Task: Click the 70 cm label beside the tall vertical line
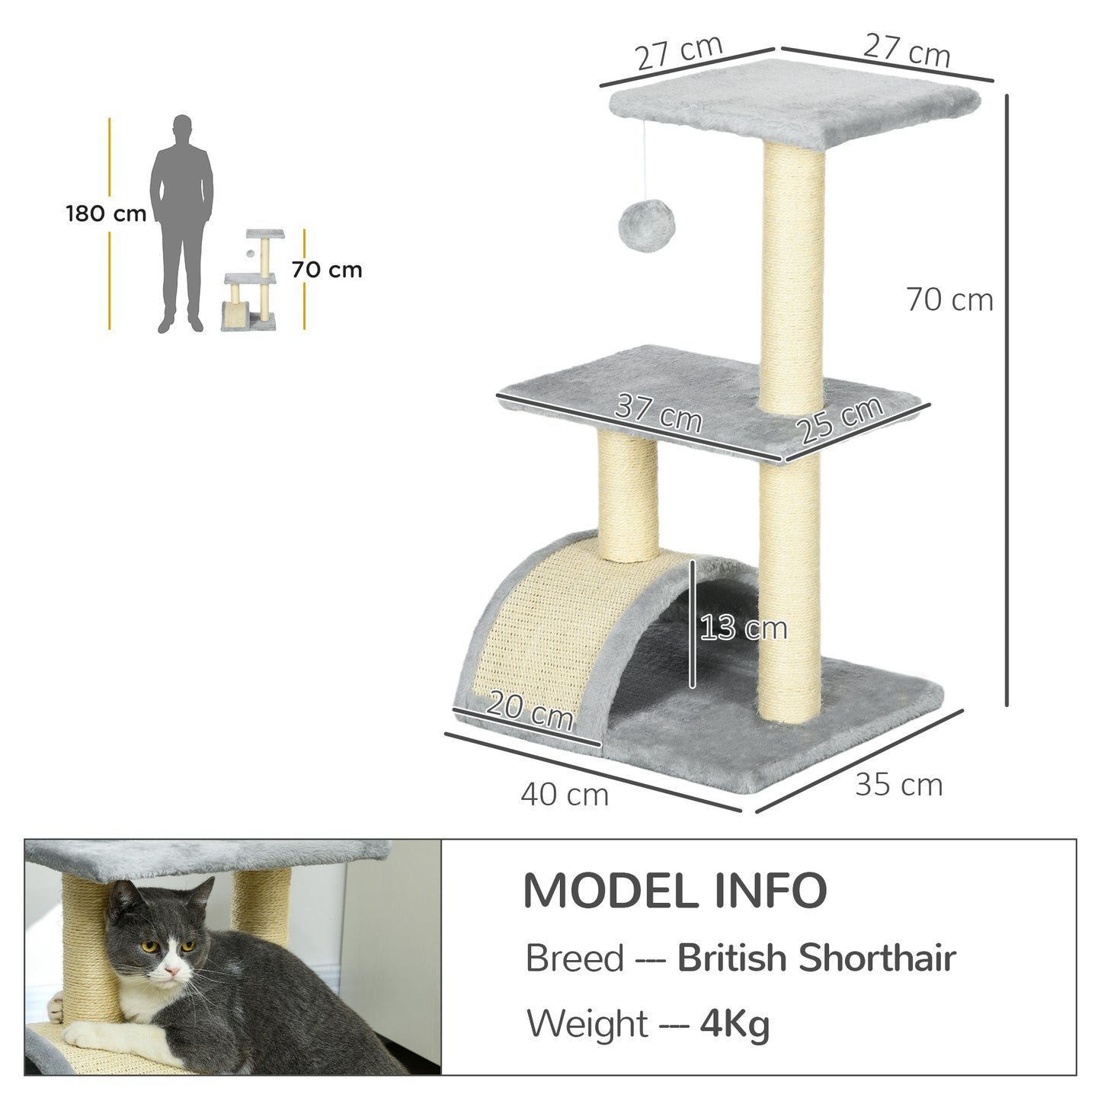(x=949, y=300)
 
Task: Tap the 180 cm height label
(x=106, y=213)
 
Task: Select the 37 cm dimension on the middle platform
(x=658, y=413)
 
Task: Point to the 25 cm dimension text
(x=841, y=420)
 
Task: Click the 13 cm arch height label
(x=743, y=629)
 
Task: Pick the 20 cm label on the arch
(x=529, y=711)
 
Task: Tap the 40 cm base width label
(x=565, y=795)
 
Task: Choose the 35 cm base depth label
(x=898, y=785)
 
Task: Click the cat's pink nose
(x=174, y=971)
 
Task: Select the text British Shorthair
(x=816, y=958)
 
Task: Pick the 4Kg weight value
(x=735, y=1023)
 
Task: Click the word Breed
(x=575, y=958)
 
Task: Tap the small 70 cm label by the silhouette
(x=326, y=270)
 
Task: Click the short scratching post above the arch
(x=628, y=495)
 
